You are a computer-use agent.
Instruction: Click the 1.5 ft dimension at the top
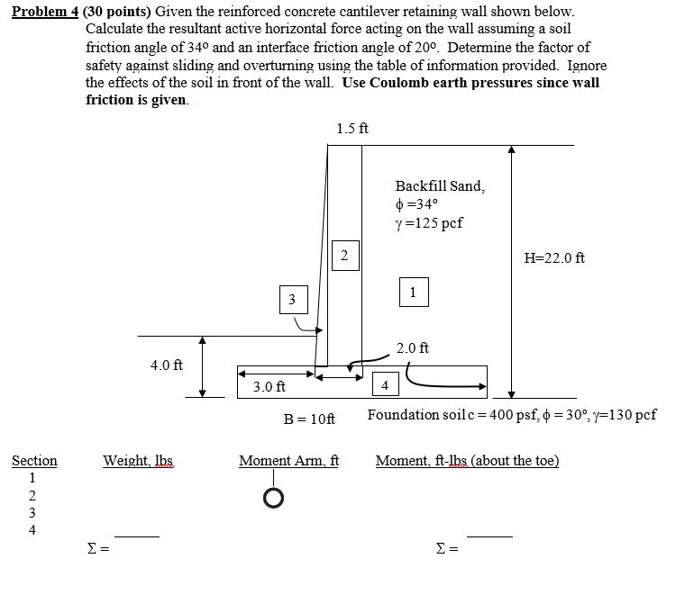pos(352,129)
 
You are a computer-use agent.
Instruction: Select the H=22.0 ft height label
pos(554,258)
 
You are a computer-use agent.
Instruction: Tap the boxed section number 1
pos(413,292)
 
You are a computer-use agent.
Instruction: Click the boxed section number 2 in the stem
pos(344,256)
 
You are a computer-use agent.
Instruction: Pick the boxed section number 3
pos(291,299)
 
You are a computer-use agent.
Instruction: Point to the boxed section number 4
pos(385,385)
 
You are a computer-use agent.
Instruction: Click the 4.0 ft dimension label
pos(166,365)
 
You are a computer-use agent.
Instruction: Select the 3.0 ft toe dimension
pos(269,387)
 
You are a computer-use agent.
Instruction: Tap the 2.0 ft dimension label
pos(413,347)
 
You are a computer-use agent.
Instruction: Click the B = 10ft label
pos(309,419)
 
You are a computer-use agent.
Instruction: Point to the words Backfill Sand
pos(440,186)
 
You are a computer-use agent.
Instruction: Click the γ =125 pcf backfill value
pos(429,222)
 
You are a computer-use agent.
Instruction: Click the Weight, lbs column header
pos(137,461)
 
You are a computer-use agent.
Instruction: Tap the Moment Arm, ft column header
pos(288,461)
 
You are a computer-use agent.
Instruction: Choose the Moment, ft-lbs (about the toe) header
pos(467,461)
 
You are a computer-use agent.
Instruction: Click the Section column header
pos(34,461)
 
